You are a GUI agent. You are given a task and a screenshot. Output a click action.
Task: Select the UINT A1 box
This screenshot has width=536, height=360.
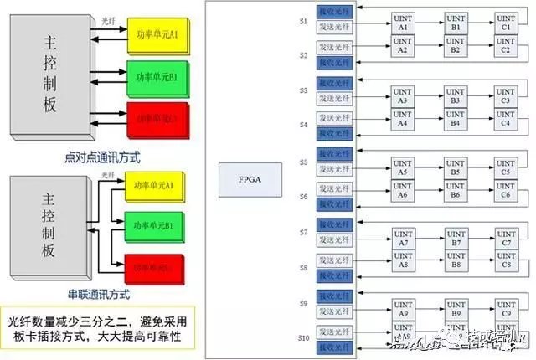[x=403, y=23]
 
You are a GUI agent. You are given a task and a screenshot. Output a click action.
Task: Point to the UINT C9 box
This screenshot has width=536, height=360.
[x=506, y=310]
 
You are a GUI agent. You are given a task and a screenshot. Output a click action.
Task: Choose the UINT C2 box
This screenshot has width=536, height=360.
[x=506, y=47]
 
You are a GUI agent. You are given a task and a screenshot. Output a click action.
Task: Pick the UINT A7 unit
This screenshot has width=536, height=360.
[x=403, y=238]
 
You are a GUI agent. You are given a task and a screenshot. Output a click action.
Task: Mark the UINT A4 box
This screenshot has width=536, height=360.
[x=403, y=119]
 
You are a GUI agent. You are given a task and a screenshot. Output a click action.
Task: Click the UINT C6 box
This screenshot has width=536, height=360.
[x=506, y=190]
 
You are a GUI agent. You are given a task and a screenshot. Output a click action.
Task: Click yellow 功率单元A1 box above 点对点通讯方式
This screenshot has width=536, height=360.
[x=158, y=34]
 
